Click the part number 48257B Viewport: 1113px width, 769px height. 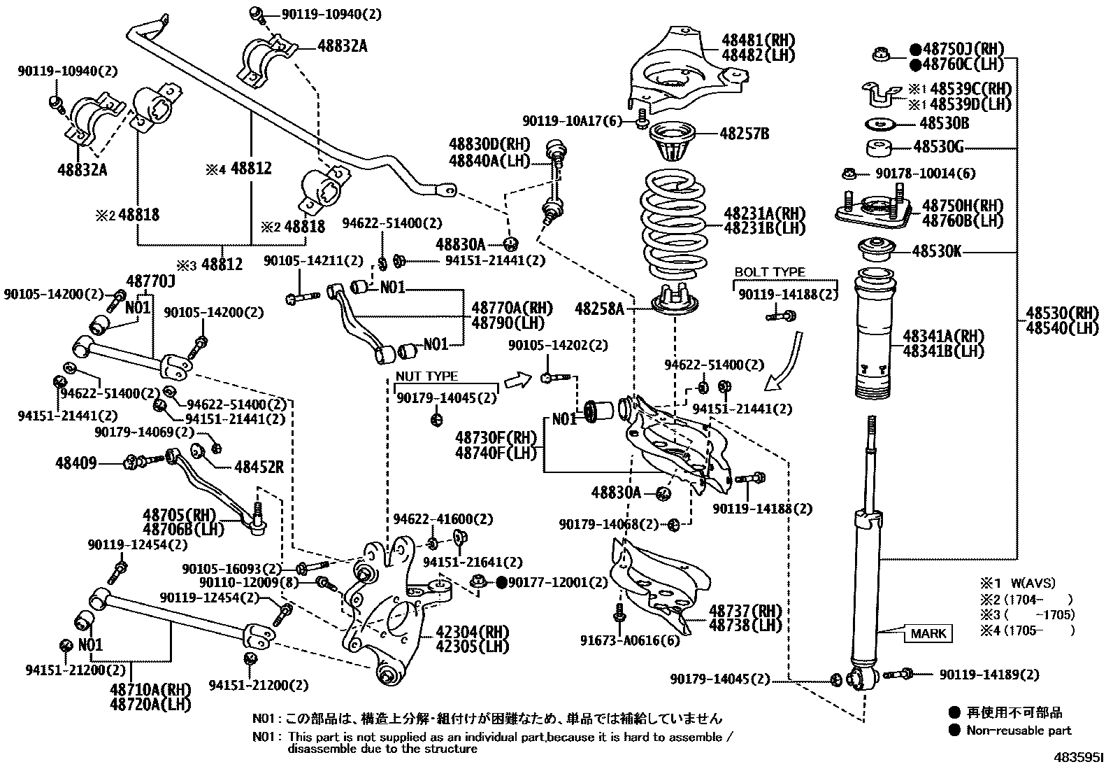744,133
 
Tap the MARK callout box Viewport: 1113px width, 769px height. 928,634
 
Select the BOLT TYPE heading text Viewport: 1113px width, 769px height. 769,272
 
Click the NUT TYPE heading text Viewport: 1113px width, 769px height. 426,376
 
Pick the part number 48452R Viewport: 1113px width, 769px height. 259,467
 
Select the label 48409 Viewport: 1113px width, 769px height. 76,463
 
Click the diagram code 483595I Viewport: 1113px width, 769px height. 1079,758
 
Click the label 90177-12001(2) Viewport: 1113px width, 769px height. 552,583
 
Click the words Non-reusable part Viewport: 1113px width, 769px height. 1019,731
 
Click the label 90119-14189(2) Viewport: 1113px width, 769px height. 989,675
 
